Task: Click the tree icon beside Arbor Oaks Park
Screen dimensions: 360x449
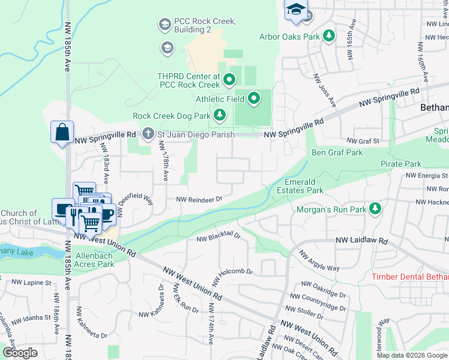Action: click(328, 37)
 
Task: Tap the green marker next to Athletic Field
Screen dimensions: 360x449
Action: click(254, 98)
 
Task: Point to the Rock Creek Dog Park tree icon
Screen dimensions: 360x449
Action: click(220, 115)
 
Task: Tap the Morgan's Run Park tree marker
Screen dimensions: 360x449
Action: click(376, 208)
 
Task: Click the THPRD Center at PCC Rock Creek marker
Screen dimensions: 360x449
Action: click(229, 79)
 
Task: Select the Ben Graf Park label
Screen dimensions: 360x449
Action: click(337, 152)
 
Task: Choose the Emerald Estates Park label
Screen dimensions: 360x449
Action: click(300, 185)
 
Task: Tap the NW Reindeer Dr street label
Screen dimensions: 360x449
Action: click(199, 199)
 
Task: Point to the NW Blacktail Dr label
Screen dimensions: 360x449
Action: click(218, 238)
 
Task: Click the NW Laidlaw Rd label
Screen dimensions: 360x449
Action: click(362, 241)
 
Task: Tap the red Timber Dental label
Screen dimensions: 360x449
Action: click(410, 277)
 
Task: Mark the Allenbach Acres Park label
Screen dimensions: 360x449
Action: click(94, 260)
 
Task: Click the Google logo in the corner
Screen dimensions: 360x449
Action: click(20, 353)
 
